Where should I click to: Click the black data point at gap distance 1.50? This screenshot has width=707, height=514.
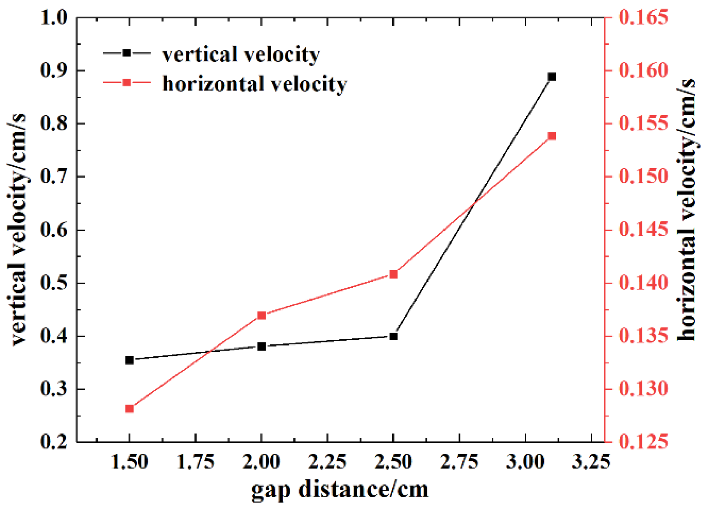click(x=130, y=360)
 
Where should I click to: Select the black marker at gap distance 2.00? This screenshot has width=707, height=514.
click(x=262, y=346)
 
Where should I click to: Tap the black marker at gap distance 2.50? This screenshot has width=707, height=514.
click(x=393, y=336)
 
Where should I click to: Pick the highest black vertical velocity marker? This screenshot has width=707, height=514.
click(x=552, y=77)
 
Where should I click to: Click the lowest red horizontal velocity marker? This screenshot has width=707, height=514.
click(x=130, y=409)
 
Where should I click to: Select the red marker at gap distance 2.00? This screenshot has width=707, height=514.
click(x=262, y=315)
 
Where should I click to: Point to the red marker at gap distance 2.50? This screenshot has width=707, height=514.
click(x=393, y=275)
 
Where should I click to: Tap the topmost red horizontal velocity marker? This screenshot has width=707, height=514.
click(x=552, y=136)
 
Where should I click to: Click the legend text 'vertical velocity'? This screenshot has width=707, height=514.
click(x=241, y=54)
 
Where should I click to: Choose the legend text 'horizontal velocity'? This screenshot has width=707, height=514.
click(x=254, y=84)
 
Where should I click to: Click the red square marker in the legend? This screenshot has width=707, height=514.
click(x=127, y=82)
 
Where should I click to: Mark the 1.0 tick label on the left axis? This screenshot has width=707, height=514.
click(x=53, y=18)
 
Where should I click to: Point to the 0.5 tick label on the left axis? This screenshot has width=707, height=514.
click(x=53, y=283)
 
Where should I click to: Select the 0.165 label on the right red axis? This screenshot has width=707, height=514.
click(x=643, y=18)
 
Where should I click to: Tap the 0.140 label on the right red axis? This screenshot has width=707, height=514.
click(x=643, y=283)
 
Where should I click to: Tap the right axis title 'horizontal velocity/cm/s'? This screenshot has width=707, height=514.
click(x=687, y=210)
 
